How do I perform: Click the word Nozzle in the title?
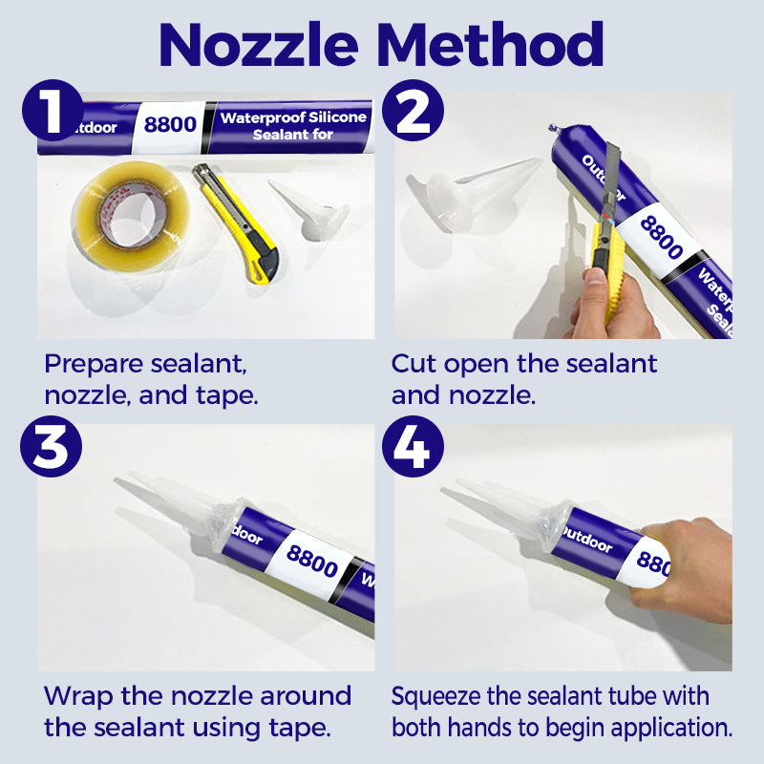click(x=259, y=45)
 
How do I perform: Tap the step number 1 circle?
click(x=53, y=111)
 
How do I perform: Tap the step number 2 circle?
click(x=413, y=111)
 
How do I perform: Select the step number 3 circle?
click(x=52, y=446)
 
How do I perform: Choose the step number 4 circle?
click(x=413, y=446)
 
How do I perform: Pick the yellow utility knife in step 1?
click(x=236, y=223)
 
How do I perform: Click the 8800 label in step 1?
click(x=170, y=125)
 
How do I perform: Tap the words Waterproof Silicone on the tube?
click(x=293, y=117)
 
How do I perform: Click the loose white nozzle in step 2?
click(x=468, y=192)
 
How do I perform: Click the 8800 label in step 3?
click(x=312, y=561)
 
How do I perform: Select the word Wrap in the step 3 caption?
click(x=78, y=697)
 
